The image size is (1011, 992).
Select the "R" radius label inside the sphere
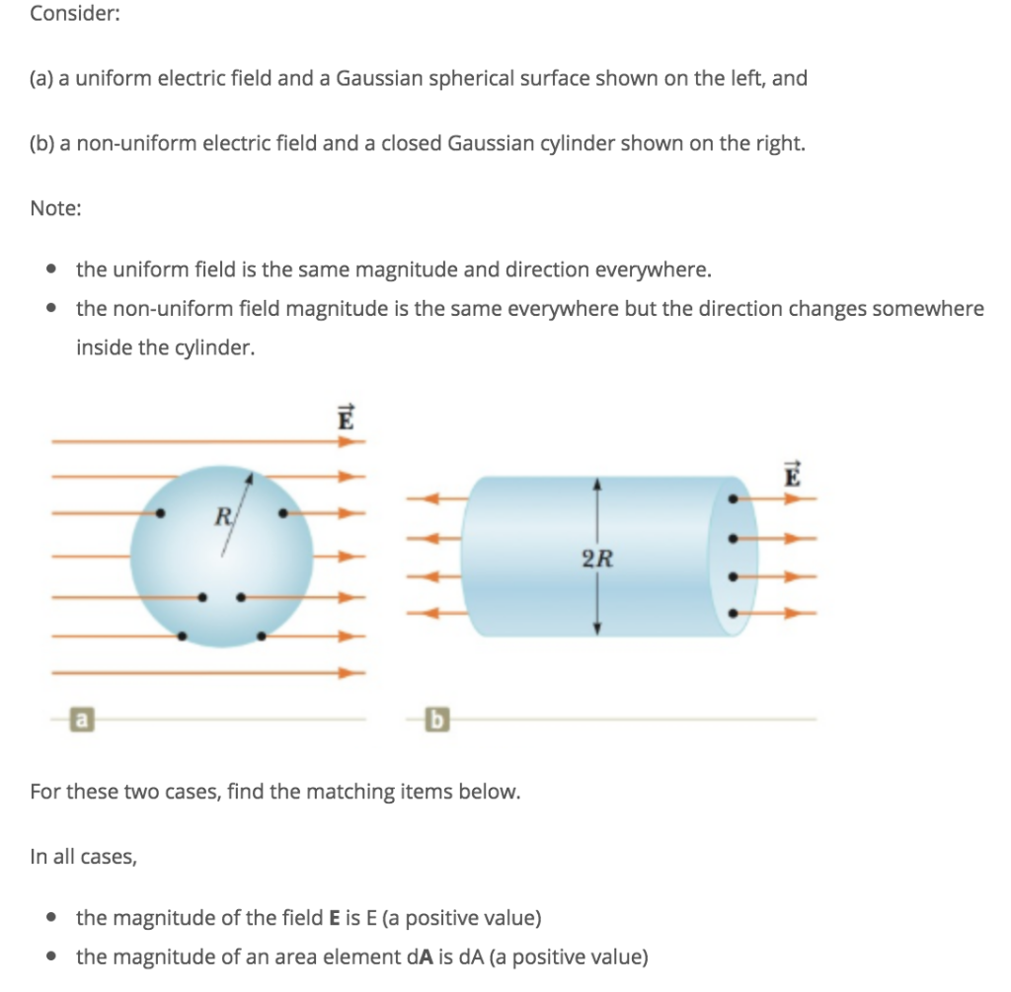(x=222, y=514)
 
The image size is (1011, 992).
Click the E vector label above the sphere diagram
(x=346, y=416)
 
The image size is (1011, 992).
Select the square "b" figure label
(x=432, y=720)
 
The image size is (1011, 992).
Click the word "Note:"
(x=56, y=208)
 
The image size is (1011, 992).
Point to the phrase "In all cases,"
(x=84, y=856)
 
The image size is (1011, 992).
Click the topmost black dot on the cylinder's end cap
(x=732, y=499)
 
